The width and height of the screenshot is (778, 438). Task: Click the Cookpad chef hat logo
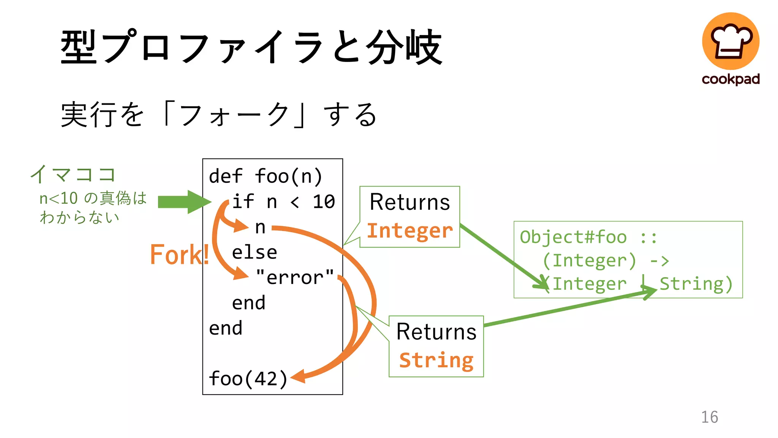click(x=731, y=41)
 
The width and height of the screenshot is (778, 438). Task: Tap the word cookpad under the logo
click(x=731, y=79)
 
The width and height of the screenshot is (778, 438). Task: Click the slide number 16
click(x=709, y=417)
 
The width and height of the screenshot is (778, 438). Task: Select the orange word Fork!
click(x=179, y=254)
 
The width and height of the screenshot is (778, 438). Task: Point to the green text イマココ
click(x=73, y=175)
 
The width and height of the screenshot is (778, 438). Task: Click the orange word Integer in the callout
click(x=410, y=231)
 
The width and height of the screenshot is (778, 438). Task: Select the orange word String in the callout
click(x=436, y=360)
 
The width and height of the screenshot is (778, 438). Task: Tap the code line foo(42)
click(x=248, y=379)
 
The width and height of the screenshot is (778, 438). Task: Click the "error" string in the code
click(x=295, y=277)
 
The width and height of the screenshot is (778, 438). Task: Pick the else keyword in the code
click(x=254, y=252)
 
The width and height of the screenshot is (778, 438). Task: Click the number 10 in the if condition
click(x=324, y=202)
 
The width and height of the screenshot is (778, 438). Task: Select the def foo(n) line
click(x=266, y=176)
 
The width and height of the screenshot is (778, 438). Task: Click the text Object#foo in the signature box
click(x=573, y=237)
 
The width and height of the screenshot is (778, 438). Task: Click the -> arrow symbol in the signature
click(x=659, y=261)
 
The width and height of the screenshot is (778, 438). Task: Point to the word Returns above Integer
click(x=410, y=202)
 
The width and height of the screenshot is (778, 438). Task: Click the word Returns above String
click(x=436, y=332)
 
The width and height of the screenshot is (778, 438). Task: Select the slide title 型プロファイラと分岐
click(x=251, y=47)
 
